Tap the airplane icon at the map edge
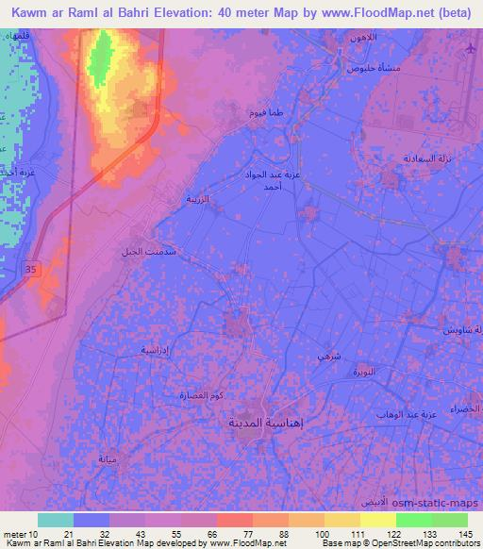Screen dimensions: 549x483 (x=472, y=48)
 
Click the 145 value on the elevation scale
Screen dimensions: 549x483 (x=464, y=534)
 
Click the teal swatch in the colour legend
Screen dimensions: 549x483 (x=56, y=520)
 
